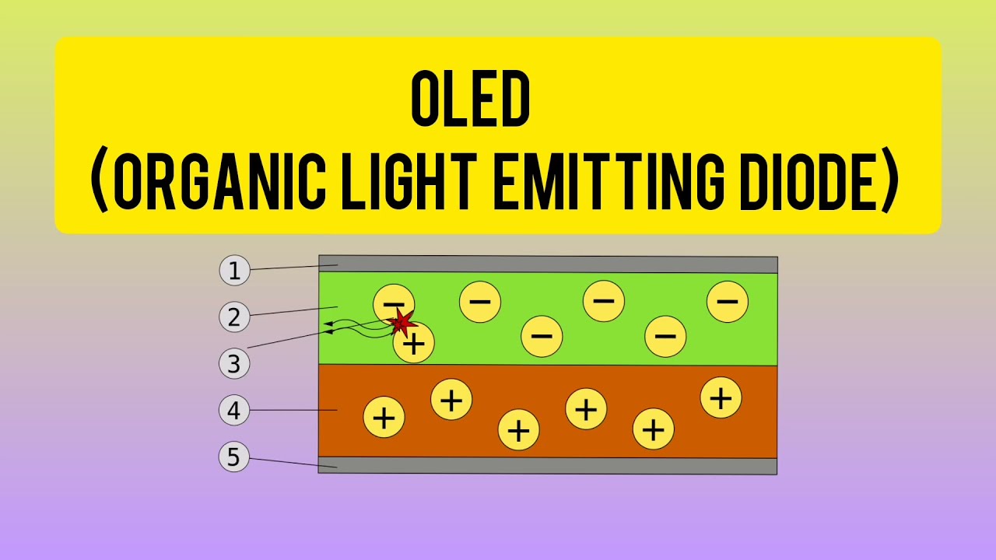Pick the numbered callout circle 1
tap(234, 271)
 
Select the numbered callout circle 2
tap(234, 317)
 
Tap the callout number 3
tap(234, 363)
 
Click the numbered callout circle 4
tap(234, 410)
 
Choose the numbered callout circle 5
tap(234, 457)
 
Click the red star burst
tap(402, 321)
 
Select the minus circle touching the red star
tap(393, 302)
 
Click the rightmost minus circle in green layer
tap(728, 302)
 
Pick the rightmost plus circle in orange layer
tap(721, 398)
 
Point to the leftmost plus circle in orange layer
tap(384, 418)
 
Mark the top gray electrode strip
tap(548, 264)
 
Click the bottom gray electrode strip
tap(548, 466)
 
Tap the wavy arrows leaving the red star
tap(358, 326)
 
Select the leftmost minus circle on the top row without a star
tap(480, 302)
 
